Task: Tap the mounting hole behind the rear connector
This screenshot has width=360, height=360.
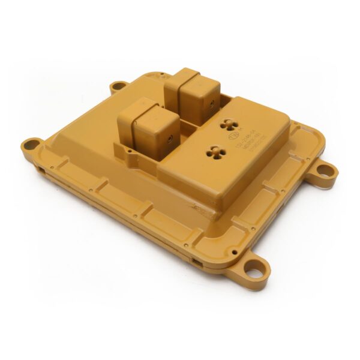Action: point(118,86)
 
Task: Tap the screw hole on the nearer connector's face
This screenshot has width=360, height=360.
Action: point(170,139)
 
